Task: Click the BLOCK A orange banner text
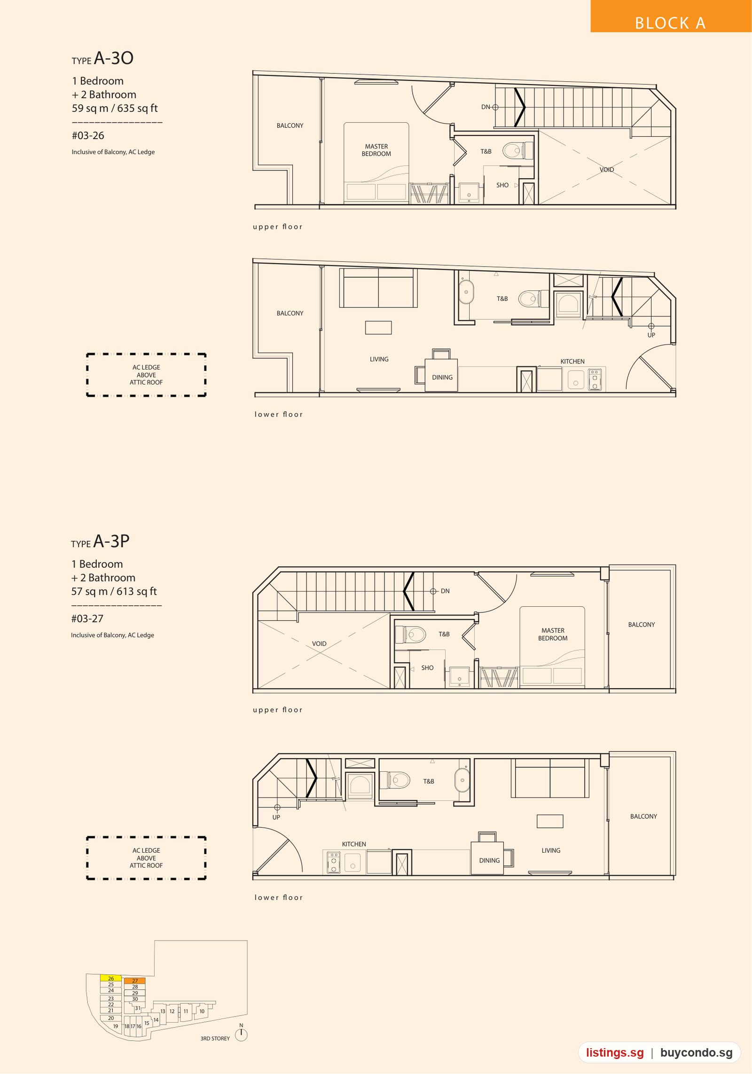click(670, 23)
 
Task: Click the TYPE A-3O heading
click(102, 58)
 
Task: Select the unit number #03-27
click(87, 619)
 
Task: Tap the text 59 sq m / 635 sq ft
click(115, 108)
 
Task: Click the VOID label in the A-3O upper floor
click(607, 170)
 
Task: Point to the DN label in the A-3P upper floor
click(445, 591)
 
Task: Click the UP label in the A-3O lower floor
click(651, 335)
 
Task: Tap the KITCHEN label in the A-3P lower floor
click(354, 844)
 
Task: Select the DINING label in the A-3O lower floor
click(442, 377)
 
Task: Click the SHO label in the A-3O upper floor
click(502, 185)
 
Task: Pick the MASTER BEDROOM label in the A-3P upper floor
click(553, 634)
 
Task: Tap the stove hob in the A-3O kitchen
click(595, 379)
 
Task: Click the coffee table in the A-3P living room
click(550, 821)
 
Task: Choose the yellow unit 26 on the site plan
click(111, 978)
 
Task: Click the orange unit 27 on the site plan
click(135, 980)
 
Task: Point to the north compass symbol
click(241, 1034)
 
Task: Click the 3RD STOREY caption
click(215, 1038)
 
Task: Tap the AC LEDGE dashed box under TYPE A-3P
click(146, 858)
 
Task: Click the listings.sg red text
click(615, 1052)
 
